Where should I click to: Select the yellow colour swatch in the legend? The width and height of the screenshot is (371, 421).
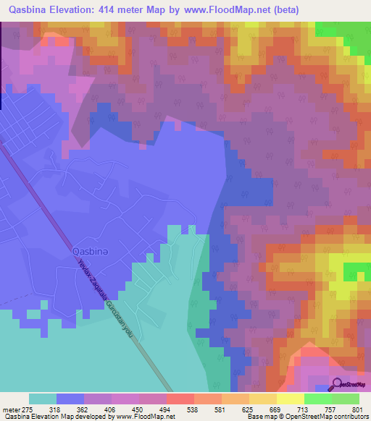pos(289,399)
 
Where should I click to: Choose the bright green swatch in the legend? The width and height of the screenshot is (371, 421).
pos(317,399)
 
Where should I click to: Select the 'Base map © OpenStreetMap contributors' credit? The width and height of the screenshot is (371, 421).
pos(304,417)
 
